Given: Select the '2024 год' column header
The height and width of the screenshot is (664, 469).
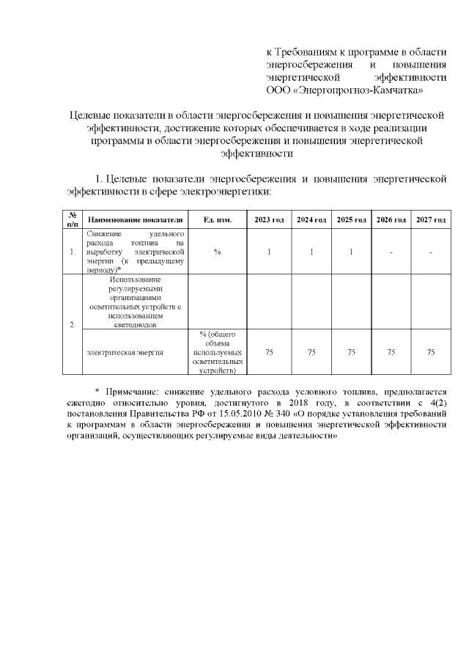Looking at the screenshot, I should pyautogui.click(x=311, y=220).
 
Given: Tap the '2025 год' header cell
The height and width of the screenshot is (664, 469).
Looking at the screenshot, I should pyautogui.click(x=351, y=220).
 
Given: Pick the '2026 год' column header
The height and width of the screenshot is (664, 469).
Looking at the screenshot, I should pyautogui.click(x=391, y=220).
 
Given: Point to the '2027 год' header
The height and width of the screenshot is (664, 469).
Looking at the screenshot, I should pyautogui.click(x=431, y=220).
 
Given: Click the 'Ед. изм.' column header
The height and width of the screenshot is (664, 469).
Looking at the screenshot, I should pyautogui.click(x=218, y=220).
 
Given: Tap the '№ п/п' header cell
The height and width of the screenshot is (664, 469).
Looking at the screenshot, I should pyautogui.click(x=72, y=220).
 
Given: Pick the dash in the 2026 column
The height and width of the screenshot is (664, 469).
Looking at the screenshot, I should pyautogui.click(x=391, y=252).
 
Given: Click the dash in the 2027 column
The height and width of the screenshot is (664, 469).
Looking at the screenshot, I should pyautogui.click(x=431, y=252).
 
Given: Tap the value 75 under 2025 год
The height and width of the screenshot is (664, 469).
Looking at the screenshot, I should pyautogui.click(x=351, y=353).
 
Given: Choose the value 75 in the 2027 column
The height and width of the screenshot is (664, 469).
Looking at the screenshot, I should pyautogui.click(x=431, y=353).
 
